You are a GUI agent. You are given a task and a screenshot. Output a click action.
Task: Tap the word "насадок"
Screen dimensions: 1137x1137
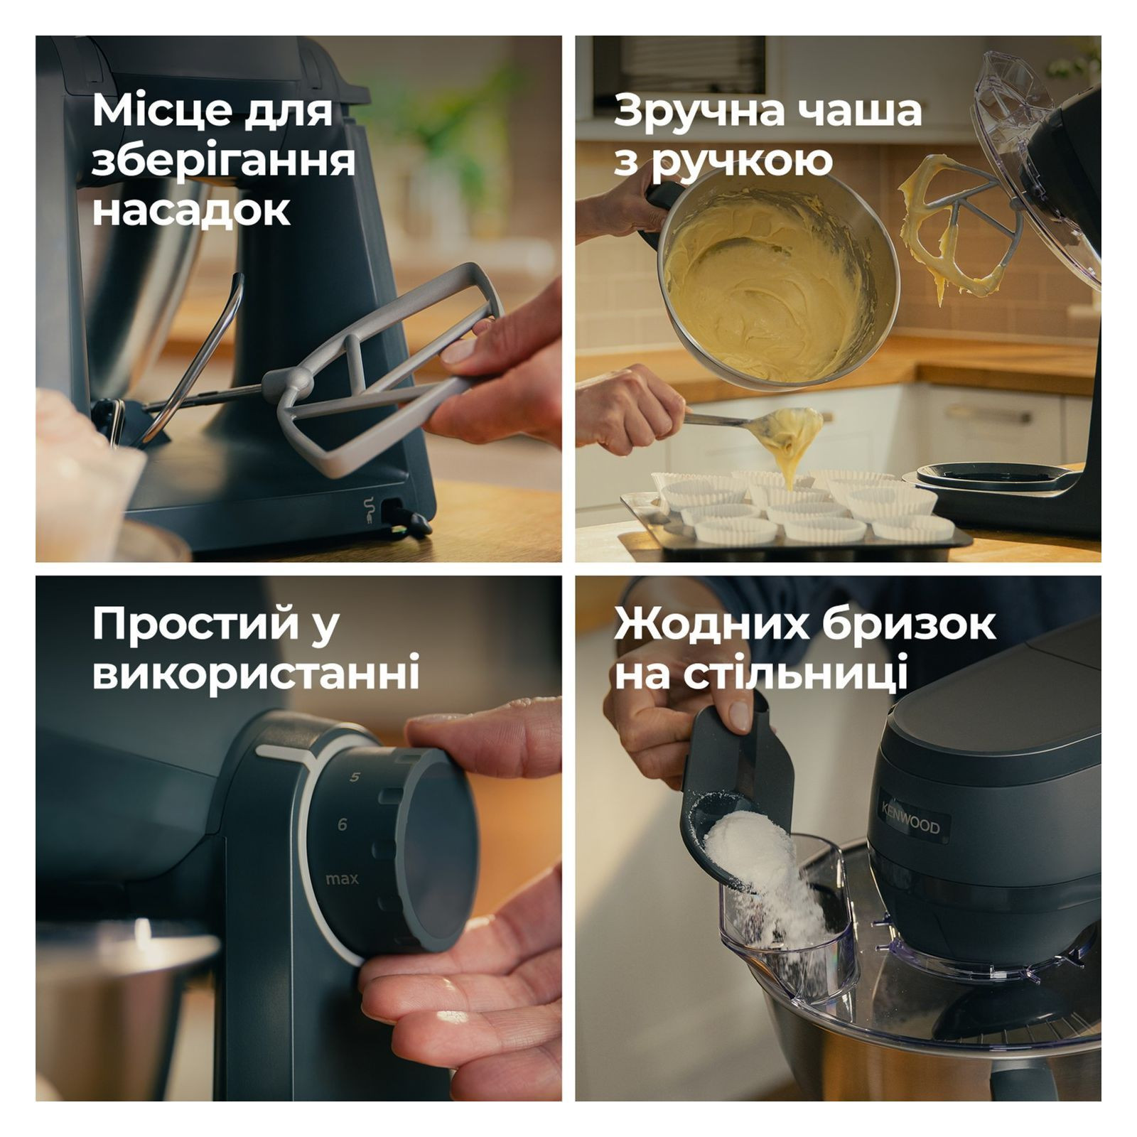pos(192,210)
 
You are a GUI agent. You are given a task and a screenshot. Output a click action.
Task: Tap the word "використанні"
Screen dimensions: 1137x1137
pos(256,674)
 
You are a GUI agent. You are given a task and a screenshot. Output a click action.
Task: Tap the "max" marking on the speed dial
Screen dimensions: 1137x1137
pos(342,879)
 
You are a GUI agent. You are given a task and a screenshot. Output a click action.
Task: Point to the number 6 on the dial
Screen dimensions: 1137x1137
pos(343,824)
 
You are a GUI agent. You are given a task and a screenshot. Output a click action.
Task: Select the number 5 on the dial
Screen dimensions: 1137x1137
pos(355,777)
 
